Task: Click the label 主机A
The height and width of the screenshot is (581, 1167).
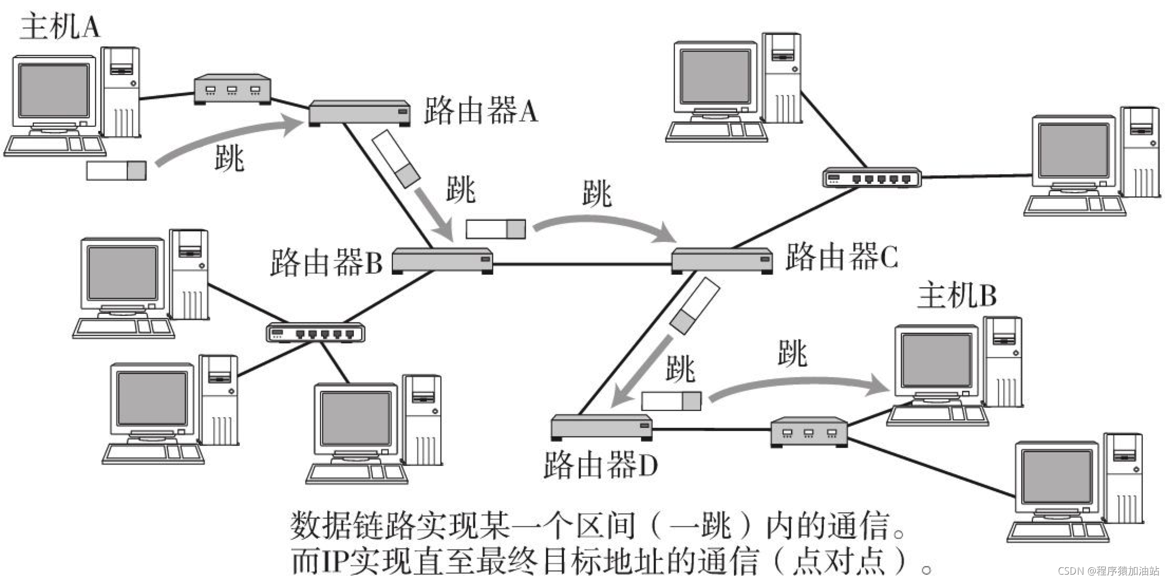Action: (60, 26)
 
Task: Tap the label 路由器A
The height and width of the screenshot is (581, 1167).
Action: (481, 111)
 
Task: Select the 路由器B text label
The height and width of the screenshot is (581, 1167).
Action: (326, 263)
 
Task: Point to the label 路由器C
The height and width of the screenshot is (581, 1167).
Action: (841, 257)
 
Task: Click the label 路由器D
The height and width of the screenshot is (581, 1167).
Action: (600, 465)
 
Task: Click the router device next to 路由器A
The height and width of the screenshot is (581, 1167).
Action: (360, 113)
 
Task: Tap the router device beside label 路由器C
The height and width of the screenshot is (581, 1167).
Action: (722, 260)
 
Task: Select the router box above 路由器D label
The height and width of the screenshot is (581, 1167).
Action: (601, 427)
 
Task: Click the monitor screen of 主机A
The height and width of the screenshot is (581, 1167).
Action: (53, 90)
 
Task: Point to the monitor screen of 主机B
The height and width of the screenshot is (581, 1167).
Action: (936, 360)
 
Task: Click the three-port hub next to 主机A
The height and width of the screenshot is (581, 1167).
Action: (232, 89)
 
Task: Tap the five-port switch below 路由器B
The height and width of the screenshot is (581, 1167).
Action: (315, 333)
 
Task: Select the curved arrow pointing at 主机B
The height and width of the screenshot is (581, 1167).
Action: (797, 383)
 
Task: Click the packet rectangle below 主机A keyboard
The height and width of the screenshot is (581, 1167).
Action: (116, 171)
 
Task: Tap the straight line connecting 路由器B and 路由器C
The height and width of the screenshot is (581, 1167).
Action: (581, 264)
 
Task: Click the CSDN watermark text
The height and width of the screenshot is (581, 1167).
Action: (1108, 571)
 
